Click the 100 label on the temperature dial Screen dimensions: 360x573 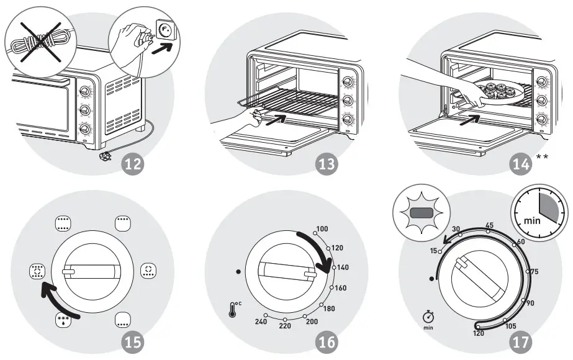coord(322,229)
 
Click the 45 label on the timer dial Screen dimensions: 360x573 coord(489,225)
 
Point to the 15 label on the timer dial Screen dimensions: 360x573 coord(432,250)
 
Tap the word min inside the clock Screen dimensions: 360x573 coord(532,220)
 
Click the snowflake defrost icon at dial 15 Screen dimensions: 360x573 coord(63,321)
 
